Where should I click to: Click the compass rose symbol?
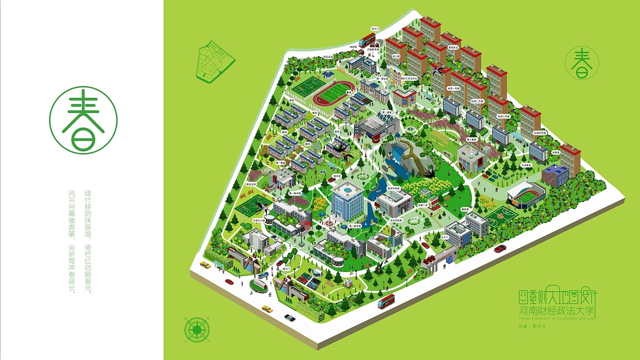click(x=197, y=329)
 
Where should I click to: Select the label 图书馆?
click(x=337, y=176)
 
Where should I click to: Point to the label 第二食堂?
click(x=386, y=112)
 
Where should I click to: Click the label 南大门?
click(x=287, y=268)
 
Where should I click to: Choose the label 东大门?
click(x=445, y=236)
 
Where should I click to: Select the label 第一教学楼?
click(x=294, y=193)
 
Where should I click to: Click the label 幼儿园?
click(x=396, y=56)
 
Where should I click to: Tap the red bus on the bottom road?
click(x=386, y=301)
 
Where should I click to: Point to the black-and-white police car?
click(x=289, y=317)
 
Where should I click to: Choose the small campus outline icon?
click(x=215, y=62)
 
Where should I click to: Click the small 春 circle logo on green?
click(x=581, y=63)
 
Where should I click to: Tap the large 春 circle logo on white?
click(x=83, y=120)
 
